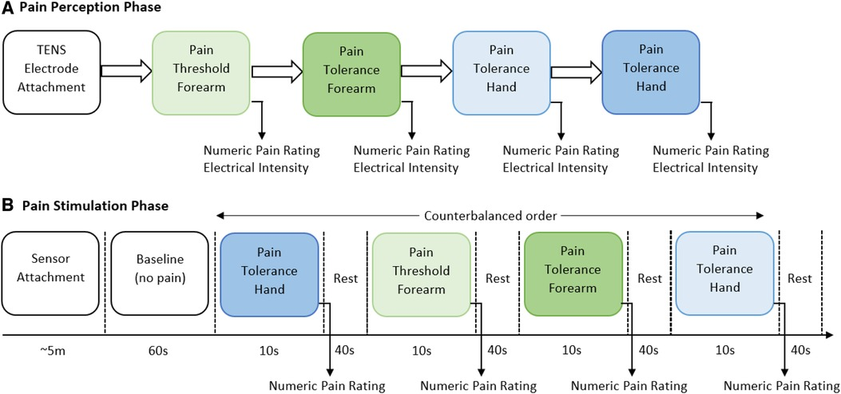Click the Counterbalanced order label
click(490, 215)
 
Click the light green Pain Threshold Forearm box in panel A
click(200, 70)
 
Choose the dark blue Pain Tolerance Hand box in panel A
click(650, 70)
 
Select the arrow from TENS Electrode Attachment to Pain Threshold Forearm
click(125, 71)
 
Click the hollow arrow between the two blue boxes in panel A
click(573, 71)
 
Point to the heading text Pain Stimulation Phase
click(91, 206)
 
